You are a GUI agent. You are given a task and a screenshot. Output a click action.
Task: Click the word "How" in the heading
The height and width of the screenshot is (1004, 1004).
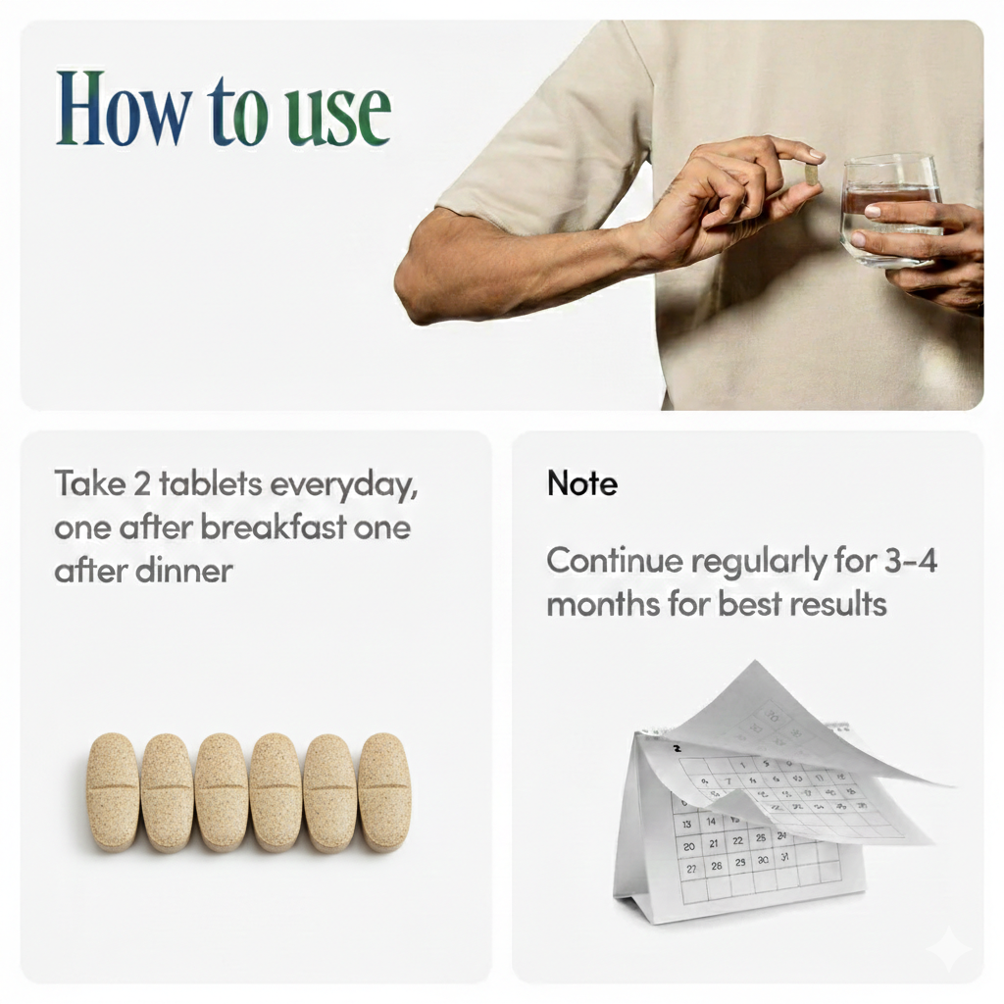point(123,108)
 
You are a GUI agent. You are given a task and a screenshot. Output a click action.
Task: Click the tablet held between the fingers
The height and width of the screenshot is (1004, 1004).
point(812,175)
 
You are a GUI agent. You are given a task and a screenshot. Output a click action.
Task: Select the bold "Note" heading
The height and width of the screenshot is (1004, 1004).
point(582,483)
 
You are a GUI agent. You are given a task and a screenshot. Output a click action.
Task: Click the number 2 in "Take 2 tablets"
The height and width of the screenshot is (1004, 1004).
point(141,483)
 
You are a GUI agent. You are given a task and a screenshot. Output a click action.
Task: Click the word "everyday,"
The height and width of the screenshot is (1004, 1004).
point(344,484)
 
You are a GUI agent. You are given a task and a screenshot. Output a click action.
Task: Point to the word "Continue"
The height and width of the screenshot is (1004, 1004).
point(615,561)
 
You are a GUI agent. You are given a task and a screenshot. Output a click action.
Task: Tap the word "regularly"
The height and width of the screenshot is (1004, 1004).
point(759,562)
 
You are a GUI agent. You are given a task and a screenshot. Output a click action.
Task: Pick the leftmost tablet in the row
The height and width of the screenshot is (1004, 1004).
point(113,792)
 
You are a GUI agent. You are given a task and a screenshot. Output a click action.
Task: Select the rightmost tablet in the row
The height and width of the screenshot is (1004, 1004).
point(384,792)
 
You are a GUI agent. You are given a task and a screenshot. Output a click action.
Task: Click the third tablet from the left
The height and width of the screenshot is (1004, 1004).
point(222,792)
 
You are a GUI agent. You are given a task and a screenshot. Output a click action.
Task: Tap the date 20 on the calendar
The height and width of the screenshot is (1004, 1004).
point(689,846)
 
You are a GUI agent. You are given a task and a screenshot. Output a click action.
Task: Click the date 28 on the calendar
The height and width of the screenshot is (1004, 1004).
point(717,866)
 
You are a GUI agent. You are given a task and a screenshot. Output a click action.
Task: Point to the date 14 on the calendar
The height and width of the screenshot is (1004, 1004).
point(711,821)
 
